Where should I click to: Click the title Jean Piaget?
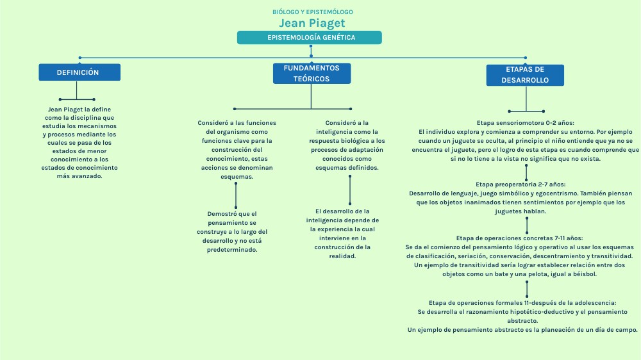tap(312, 24)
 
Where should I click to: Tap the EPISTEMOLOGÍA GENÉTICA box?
tap(310, 38)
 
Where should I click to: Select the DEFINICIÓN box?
tap(78, 72)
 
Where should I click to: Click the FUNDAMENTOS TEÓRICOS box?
tap(312, 74)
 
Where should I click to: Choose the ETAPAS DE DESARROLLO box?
tap(526, 75)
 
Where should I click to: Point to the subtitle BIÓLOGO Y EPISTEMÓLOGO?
tap(312, 12)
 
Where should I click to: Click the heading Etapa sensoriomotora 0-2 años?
tap(526, 122)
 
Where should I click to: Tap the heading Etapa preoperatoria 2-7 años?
tap(526, 184)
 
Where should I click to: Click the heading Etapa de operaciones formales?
tap(522, 302)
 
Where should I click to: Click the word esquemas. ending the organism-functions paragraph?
tap(237, 176)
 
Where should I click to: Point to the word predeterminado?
tap(232, 250)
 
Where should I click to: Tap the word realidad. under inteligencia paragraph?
tap(342, 256)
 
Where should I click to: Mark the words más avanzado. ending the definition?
tap(75, 176)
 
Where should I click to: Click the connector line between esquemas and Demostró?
tap(236, 193)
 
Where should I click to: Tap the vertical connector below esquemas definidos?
tap(350, 190)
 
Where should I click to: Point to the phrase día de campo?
tap(615, 330)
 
